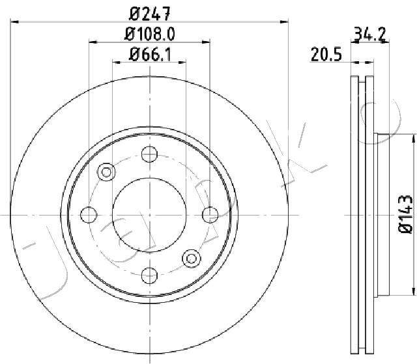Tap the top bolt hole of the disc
pos(150,154)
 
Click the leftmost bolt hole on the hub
pos(89,214)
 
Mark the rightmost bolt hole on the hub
pos(210,214)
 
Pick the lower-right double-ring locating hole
pos(193,258)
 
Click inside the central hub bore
pos(150,214)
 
